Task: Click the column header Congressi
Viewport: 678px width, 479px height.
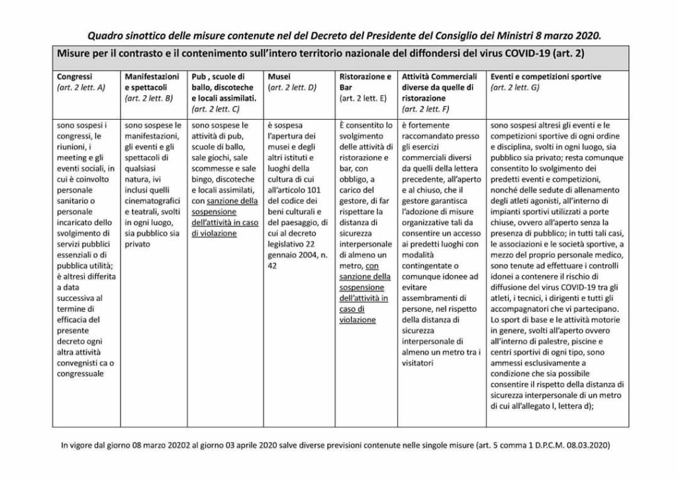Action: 74,77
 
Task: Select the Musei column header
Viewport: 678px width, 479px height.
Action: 277,77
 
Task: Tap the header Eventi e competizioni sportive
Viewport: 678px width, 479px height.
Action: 546,77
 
